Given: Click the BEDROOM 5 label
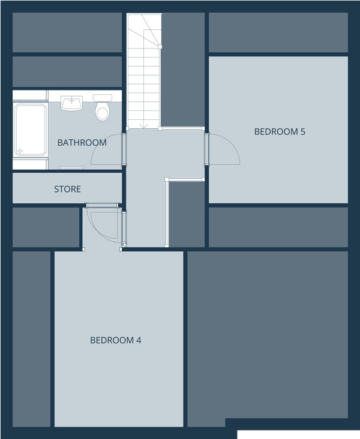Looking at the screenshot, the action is (280, 131).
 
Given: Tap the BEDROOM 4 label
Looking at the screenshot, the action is (115, 340).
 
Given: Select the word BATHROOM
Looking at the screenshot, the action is (82, 143).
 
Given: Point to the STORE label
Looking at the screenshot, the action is (68, 190).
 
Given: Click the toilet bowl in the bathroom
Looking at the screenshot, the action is (102, 112).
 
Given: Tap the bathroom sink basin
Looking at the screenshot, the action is (72, 103).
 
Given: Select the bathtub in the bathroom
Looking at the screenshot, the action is (30, 130).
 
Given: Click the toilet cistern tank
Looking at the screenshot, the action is (103, 98).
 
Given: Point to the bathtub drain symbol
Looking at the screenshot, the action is (20, 151).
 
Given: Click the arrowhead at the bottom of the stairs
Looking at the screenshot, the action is (144, 127).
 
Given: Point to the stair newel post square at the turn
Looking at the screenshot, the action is (160, 47).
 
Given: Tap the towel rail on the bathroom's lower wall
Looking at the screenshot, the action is (71, 168).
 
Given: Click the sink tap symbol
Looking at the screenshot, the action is (72, 100).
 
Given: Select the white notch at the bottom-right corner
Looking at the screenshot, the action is (298, 435).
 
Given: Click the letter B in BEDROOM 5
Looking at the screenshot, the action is (257, 131).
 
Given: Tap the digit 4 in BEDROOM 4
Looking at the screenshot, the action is (139, 340).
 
